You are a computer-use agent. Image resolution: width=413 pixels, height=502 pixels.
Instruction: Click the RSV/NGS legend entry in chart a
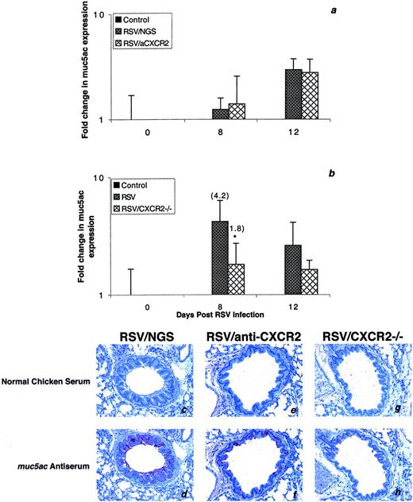pyautogui.click(x=141, y=28)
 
